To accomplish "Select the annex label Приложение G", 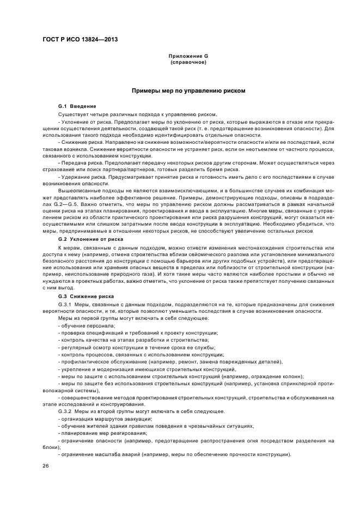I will pos(188,56).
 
